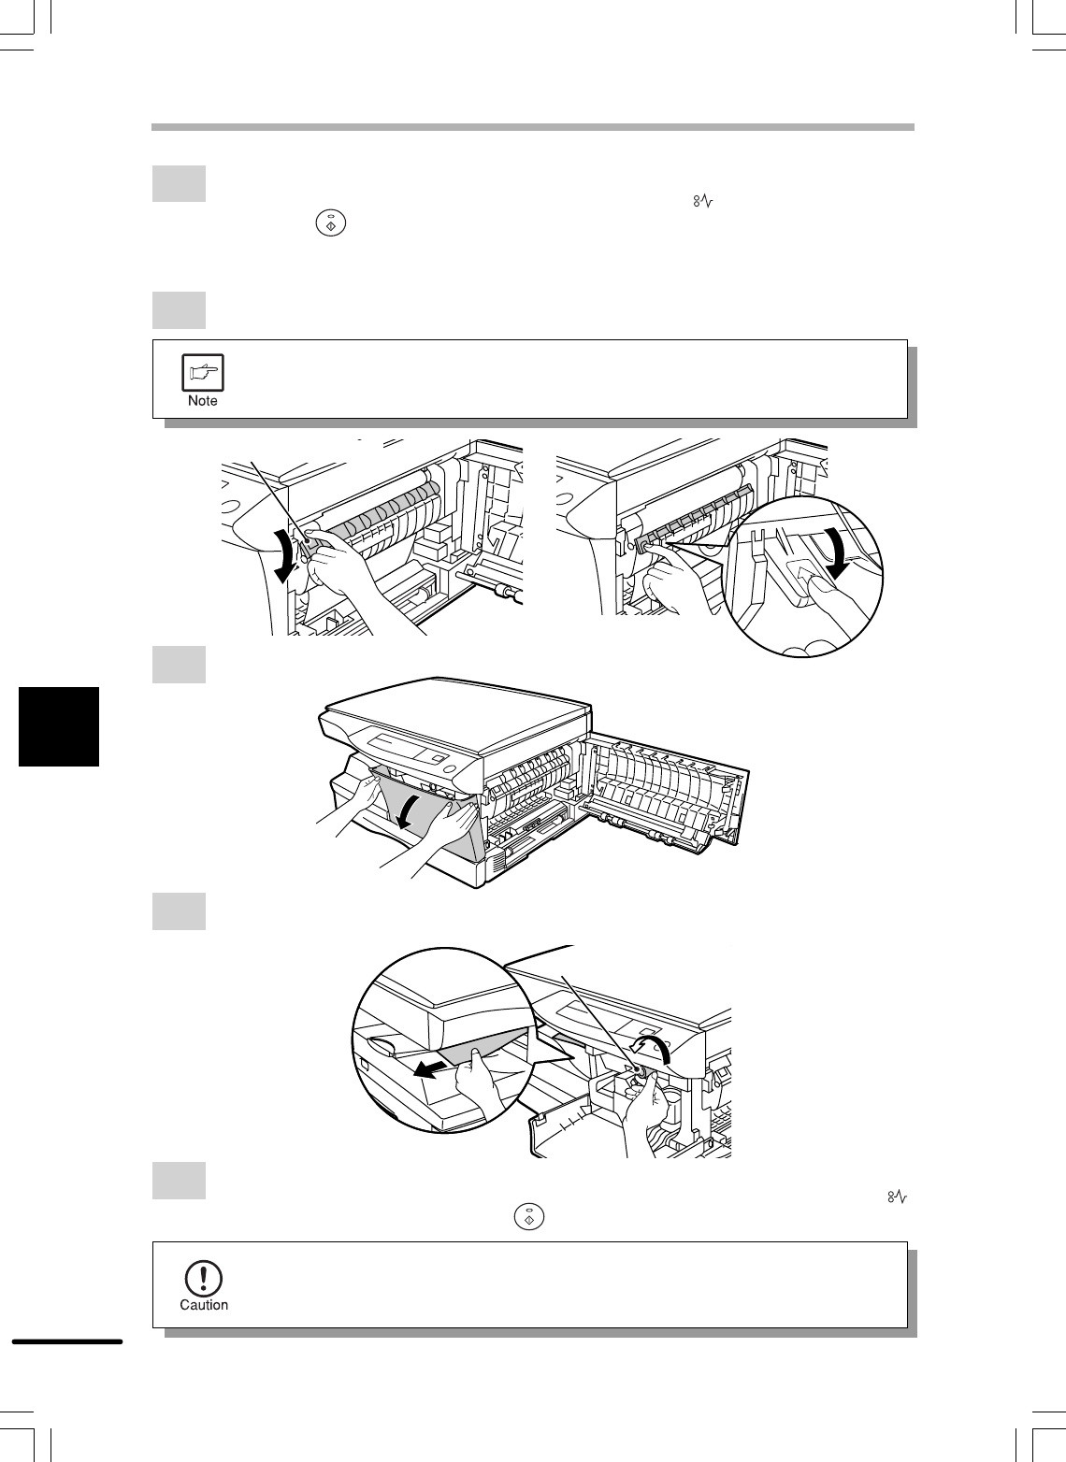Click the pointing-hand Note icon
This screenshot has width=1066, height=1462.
pos(202,373)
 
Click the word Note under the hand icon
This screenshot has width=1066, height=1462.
pos(202,401)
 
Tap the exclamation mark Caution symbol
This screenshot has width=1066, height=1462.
pos(204,1279)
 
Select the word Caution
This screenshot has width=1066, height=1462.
pos(204,1305)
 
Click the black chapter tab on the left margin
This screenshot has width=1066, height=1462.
pos(59,726)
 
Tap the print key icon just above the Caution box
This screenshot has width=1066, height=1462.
pos(528,1217)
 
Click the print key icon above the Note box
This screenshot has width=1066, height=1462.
pos(330,223)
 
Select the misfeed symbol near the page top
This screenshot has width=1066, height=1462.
pos(703,202)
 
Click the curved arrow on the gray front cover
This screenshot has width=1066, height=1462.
pos(410,812)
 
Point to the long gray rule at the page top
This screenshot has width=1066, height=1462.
pos(533,127)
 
